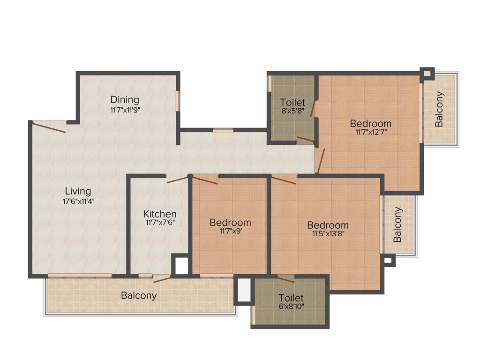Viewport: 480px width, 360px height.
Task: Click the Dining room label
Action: (x=125, y=99)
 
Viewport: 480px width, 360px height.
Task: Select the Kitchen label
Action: (x=160, y=214)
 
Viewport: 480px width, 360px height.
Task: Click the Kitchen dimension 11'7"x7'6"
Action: (x=160, y=223)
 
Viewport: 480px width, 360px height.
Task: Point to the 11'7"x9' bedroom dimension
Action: (x=230, y=231)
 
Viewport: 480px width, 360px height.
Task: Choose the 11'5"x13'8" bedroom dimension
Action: (x=328, y=234)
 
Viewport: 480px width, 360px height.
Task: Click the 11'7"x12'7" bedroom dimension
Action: (x=371, y=132)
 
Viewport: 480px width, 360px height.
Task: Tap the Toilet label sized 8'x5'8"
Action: (x=292, y=102)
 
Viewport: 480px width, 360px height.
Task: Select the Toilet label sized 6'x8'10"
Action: (x=291, y=298)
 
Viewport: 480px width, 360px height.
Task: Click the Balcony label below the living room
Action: (x=139, y=296)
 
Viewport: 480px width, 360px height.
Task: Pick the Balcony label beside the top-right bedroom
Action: (x=439, y=109)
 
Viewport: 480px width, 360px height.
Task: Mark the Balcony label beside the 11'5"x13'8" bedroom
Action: (x=398, y=225)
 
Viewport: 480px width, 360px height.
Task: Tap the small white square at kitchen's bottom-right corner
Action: (x=181, y=266)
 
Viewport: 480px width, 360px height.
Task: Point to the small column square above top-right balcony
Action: (x=427, y=74)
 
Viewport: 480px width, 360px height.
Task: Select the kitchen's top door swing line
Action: (x=178, y=179)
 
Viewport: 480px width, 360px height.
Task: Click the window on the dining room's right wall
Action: (x=177, y=100)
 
